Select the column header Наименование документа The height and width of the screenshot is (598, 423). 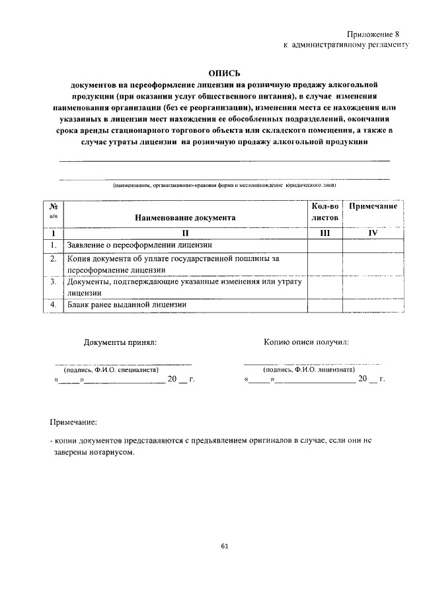[185, 217]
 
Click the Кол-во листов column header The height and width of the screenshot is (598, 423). [325, 211]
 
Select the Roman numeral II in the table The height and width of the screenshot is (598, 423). [186, 233]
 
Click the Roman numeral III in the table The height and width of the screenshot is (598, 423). [325, 233]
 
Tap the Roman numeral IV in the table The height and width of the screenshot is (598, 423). [373, 233]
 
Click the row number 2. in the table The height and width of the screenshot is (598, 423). [53, 259]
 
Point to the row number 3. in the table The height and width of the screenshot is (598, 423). [53, 282]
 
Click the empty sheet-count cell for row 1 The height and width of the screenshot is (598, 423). [325, 246]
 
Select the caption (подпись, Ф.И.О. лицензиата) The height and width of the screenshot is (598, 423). [309, 371]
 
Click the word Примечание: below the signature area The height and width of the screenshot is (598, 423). [73, 421]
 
